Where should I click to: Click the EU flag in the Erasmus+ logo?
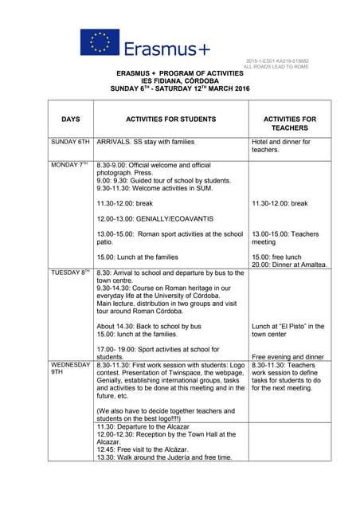coord(100,42)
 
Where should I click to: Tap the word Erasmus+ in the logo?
coord(166,49)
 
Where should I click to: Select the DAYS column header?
coord(70,120)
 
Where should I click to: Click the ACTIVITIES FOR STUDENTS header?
coord(170,120)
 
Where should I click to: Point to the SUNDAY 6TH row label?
coord(70,142)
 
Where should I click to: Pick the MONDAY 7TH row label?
coord(69,164)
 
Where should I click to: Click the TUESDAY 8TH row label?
coord(70,273)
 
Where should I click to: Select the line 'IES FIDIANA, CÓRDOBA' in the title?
coord(179,80)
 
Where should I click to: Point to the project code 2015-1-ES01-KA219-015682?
coord(277,61)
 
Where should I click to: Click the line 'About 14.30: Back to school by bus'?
coord(149,327)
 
